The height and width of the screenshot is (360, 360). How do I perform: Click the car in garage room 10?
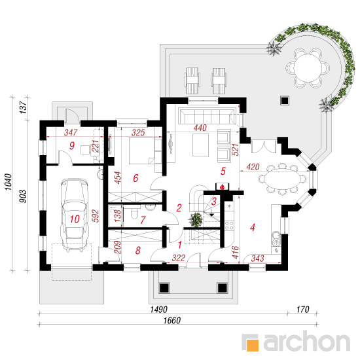coord(74,215)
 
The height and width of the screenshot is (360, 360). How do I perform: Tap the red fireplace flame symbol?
coord(222,187)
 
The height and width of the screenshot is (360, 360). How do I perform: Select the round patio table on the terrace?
coord(308,67)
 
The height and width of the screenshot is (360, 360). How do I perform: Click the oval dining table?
coord(282,179)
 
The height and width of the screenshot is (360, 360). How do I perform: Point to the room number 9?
coord(72,145)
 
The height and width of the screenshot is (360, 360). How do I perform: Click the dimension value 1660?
coord(172,320)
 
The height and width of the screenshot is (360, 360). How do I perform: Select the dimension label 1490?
coord(159,309)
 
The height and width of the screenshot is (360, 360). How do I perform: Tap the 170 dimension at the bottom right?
coord(302,310)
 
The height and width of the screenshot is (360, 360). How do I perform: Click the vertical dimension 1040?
coord(8,182)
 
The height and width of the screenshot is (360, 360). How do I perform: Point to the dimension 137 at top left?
coord(24,107)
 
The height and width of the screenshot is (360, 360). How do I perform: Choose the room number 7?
coord(143,220)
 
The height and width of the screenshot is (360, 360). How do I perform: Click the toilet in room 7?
coord(134,213)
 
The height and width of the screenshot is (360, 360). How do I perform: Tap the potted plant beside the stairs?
coord(196,219)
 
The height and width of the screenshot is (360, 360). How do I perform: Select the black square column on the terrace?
coord(285,100)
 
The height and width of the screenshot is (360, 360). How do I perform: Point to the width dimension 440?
coord(200,128)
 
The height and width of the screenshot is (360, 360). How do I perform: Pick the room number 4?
coord(252,227)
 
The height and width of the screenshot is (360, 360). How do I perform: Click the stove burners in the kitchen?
coord(229,225)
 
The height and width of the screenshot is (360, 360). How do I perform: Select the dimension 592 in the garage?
coord(95,215)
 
